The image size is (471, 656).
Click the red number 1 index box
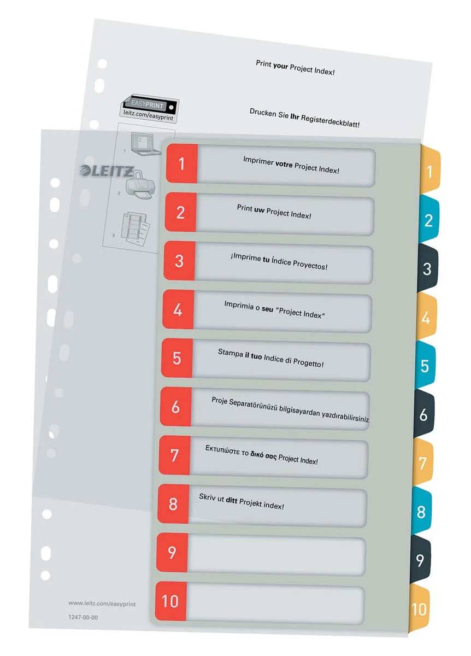(x=182, y=163)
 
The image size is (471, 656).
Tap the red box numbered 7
(x=174, y=455)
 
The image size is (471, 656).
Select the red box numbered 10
(x=170, y=601)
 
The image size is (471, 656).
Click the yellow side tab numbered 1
(x=430, y=172)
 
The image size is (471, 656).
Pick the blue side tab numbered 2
(x=429, y=220)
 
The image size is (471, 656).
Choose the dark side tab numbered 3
(x=427, y=268)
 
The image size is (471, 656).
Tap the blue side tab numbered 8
(x=421, y=512)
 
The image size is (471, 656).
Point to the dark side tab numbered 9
(x=420, y=560)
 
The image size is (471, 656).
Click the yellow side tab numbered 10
(x=419, y=609)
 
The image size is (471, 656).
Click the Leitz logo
(x=107, y=171)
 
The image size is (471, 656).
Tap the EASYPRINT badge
(x=150, y=108)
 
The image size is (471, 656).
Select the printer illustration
(x=140, y=185)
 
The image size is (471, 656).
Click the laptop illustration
(x=146, y=143)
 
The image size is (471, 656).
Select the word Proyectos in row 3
(x=310, y=265)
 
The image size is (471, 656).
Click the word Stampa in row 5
(x=231, y=353)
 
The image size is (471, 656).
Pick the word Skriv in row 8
(x=208, y=497)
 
